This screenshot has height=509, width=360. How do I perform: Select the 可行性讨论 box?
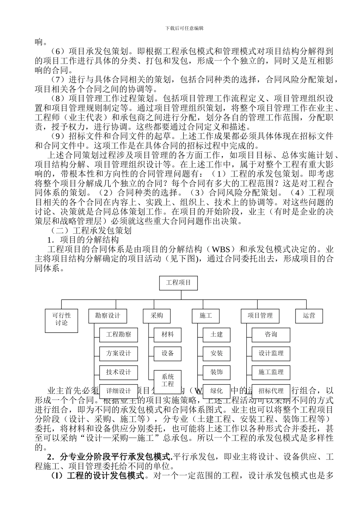coord(61,319)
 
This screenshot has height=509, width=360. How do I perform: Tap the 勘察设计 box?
coord(108,316)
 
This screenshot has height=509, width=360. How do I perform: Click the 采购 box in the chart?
coord(157,316)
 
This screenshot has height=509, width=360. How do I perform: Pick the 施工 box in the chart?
coord(205,316)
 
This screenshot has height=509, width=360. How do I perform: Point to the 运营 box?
coord(309,316)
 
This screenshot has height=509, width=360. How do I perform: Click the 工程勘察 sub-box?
coord(119,335)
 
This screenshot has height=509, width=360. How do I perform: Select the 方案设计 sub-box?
coord(119,354)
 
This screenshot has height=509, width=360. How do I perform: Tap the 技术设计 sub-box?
coord(119,372)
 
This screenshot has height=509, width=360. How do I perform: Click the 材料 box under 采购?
coord(167,335)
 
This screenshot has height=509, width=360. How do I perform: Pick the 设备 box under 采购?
coord(167,354)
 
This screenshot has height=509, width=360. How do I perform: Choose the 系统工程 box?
coord(167,381)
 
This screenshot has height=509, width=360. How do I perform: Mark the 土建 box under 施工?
coord(216,335)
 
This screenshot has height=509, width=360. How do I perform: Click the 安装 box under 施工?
coord(216,354)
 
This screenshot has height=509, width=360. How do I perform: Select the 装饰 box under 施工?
coord(216,372)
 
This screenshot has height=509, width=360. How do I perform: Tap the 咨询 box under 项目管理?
coord(271,335)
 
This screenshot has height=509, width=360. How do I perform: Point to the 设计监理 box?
coord(271,354)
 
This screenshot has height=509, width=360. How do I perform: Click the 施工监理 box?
coord(271,372)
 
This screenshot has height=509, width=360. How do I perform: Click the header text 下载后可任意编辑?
coord(184,28)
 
